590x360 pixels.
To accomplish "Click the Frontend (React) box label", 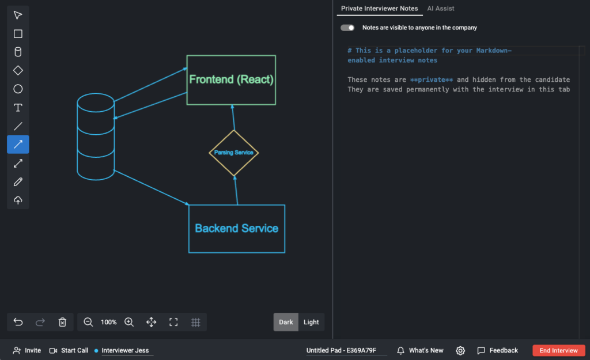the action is click(231, 79).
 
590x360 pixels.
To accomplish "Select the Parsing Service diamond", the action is click(234, 131).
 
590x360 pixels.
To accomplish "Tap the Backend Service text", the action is click(237, 228).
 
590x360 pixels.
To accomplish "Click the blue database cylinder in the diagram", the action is click(77, 137).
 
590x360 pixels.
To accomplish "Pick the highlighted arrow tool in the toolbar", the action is click(18, 145).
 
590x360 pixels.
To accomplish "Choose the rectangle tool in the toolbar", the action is click(18, 34).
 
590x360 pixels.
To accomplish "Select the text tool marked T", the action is click(18, 108).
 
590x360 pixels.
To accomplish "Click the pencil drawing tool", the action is click(18, 181).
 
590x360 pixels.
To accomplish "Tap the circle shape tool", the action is click(18, 89).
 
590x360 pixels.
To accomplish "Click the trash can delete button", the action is click(62, 322).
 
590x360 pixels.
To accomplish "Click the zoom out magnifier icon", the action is click(88, 322).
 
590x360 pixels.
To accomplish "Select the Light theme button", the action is click(311, 322).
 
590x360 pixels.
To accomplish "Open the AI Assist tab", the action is click(441, 8).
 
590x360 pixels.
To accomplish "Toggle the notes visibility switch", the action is click(347, 28).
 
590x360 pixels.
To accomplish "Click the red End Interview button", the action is click(558, 350).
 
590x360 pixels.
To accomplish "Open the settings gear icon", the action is click(460, 351).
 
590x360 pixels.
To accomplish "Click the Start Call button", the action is click(69, 350).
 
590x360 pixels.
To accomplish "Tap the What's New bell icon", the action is click(401, 351).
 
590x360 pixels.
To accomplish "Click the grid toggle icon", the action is click(196, 322).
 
